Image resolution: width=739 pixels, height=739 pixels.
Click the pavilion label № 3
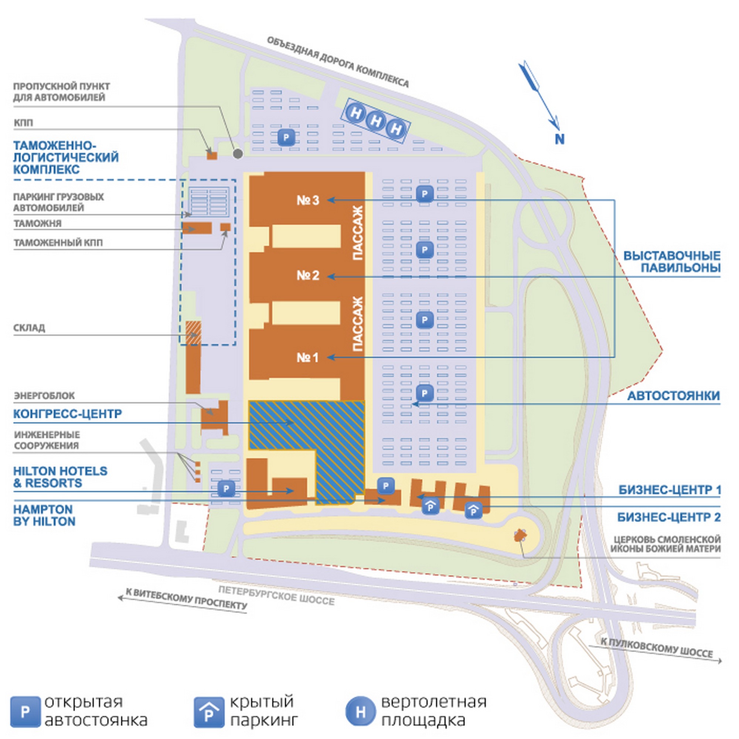pyautogui.click(x=307, y=200)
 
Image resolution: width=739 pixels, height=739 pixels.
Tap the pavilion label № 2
pyautogui.click(x=307, y=275)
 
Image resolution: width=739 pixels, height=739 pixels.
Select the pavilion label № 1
pyautogui.click(x=307, y=358)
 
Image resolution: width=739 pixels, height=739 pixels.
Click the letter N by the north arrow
pyautogui.click(x=559, y=139)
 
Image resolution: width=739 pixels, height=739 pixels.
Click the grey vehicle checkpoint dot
pyautogui.click(x=238, y=154)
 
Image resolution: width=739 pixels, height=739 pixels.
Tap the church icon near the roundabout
pyautogui.click(x=520, y=535)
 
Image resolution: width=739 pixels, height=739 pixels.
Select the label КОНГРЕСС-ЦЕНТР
pyautogui.click(x=67, y=414)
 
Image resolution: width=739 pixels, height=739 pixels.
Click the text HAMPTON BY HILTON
pyautogui.click(x=44, y=515)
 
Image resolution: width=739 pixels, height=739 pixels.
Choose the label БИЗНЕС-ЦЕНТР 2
pyautogui.click(x=669, y=517)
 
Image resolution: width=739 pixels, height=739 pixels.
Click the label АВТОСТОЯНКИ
pyautogui.click(x=673, y=395)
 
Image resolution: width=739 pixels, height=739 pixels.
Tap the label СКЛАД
pyautogui.click(x=29, y=328)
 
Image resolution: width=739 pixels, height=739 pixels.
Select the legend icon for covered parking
pyautogui.click(x=208, y=712)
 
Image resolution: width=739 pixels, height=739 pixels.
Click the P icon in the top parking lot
pyautogui.click(x=286, y=137)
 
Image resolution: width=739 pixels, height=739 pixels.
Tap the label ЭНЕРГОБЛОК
pyautogui.click(x=44, y=395)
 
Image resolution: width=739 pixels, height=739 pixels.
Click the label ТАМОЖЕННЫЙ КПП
pyautogui.click(x=58, y=242)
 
